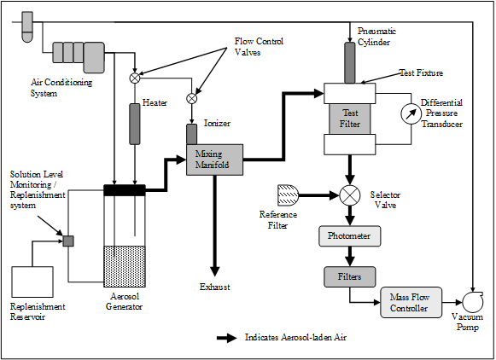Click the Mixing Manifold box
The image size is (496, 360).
(215, 160)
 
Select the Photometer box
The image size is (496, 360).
(349, 235)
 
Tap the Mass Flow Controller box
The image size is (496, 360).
(411, 303)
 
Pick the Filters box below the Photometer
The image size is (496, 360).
(349, 277)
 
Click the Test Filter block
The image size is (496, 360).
(349, 119)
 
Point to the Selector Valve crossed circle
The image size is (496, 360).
(349, 195)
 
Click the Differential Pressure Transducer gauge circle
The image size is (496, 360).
(411, 113)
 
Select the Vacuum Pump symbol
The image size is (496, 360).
(473, 302)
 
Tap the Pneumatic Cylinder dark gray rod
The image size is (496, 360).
(349, 62)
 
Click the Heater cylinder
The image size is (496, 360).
(135, 124)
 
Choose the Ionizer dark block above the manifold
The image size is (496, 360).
(191, 134)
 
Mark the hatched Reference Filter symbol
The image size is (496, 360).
(288, 195)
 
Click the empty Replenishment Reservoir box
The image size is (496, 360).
(32, 282)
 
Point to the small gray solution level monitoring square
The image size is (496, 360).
(68, 241)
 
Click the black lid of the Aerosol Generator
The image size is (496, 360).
(125, 190)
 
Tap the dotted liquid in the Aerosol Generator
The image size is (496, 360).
(125, 266)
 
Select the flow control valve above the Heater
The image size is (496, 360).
(135, 78)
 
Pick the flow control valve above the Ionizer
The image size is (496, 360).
(191, 98)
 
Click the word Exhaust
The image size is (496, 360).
(215, 287)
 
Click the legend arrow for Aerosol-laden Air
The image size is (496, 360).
(227, 338)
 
